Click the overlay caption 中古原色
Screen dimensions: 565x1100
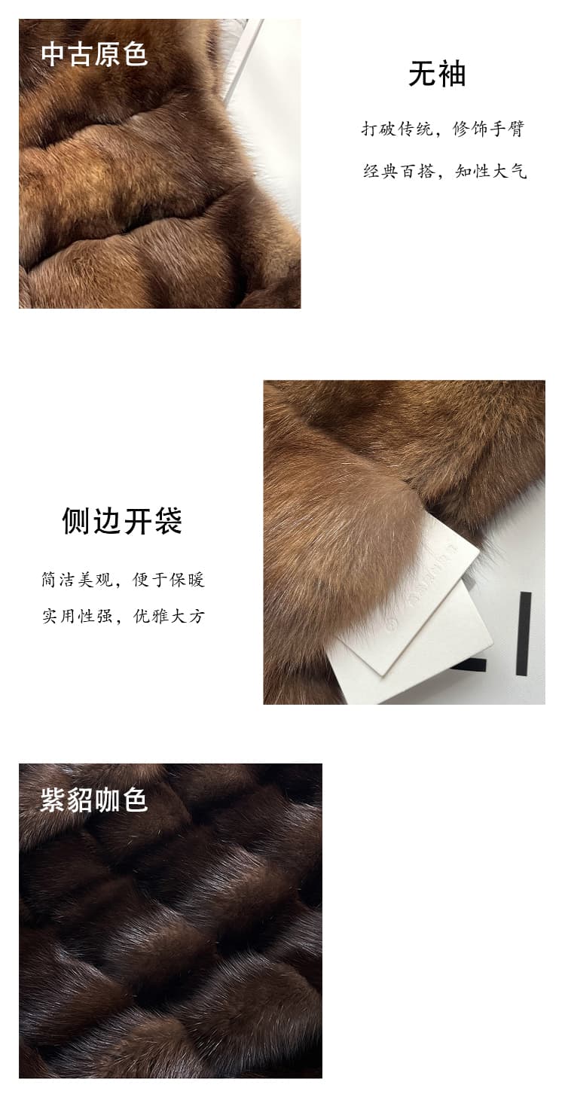(x=94, y=54)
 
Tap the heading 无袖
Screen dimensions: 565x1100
(x=437, y=74)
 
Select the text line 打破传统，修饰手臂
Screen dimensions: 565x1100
(x=443, y=129)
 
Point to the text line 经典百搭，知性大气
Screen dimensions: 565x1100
(x=444, y=171)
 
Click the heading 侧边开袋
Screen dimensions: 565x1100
(x=122, y=520)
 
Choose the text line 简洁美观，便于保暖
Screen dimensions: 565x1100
(x=123, y=580)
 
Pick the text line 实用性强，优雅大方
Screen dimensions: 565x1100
(x=123, y=616)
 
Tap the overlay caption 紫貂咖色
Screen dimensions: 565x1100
(x=93, y=800)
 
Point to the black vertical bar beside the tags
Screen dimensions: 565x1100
(x=524, y=633)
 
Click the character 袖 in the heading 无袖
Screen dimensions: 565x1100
(x=451, y=74)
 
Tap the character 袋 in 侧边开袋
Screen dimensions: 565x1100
(x=168, y=520)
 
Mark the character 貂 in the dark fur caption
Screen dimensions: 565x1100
(x=80, y=800)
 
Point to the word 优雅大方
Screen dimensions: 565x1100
(x=169, y=616)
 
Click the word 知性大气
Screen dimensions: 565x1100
(x=491, y=171)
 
